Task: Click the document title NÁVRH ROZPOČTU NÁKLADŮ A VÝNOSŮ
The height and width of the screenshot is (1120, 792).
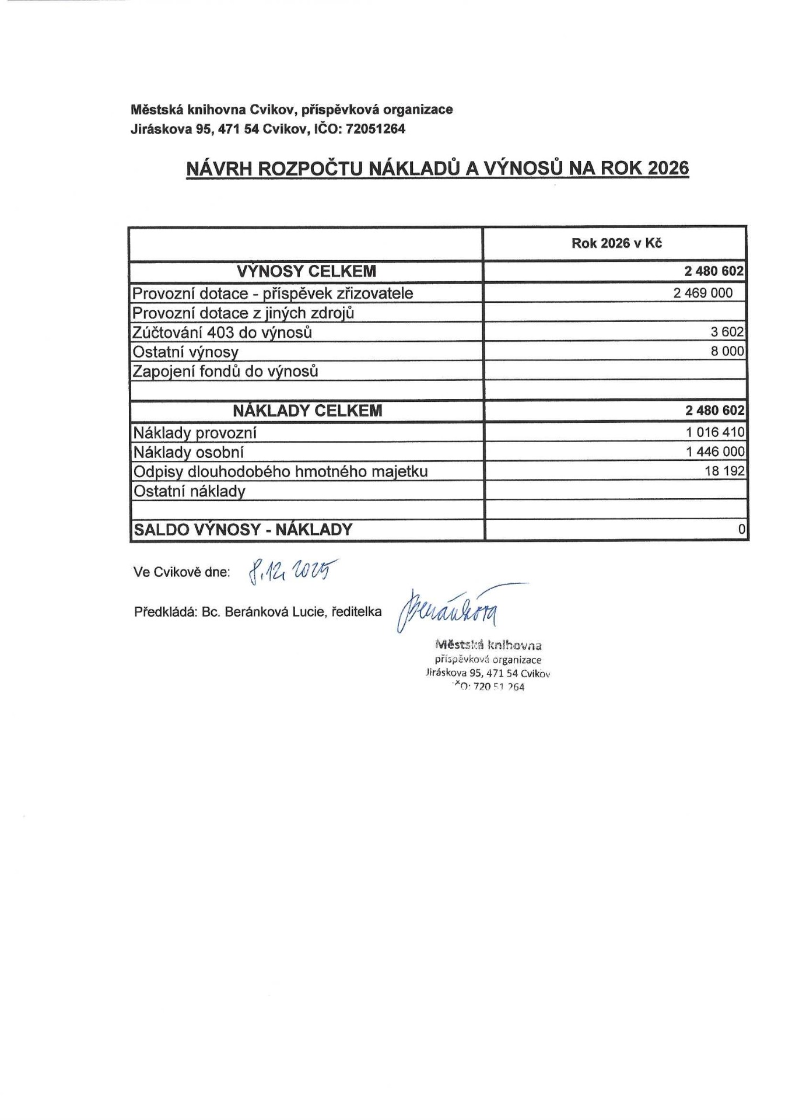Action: click(x=437, y=168)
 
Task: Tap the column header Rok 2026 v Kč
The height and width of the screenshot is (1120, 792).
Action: click(x=616, y=243)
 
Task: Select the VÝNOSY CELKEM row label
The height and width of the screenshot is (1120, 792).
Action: click(x=306, y=271)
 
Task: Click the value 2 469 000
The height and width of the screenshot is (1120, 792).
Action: click(x=703, y=293)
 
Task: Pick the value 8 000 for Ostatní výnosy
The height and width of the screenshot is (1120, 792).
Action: click(x=727, y=351)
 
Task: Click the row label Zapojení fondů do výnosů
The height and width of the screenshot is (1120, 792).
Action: click(x=226, y=371)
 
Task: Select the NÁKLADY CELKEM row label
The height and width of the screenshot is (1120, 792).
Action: click(x=307, y=411)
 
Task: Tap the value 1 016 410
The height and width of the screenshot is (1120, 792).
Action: click(x=715, y=432)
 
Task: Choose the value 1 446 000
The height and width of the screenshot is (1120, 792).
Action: click(x=715, y=452)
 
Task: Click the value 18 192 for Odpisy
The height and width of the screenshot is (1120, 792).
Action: click(x=724, y=471)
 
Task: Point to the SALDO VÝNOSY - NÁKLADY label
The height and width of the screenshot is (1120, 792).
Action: click(x=243, y=530)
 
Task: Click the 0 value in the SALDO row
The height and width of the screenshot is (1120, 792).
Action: click(x=741, y=530)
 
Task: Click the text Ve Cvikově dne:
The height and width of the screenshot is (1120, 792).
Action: click(x=182, y=572)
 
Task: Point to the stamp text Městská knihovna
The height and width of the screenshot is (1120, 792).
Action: click(x=488, y=645)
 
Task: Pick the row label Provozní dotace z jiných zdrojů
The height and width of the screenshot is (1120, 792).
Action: click(x=243, y=313)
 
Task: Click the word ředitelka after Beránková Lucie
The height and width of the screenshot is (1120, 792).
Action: click(x=356, y=612)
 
